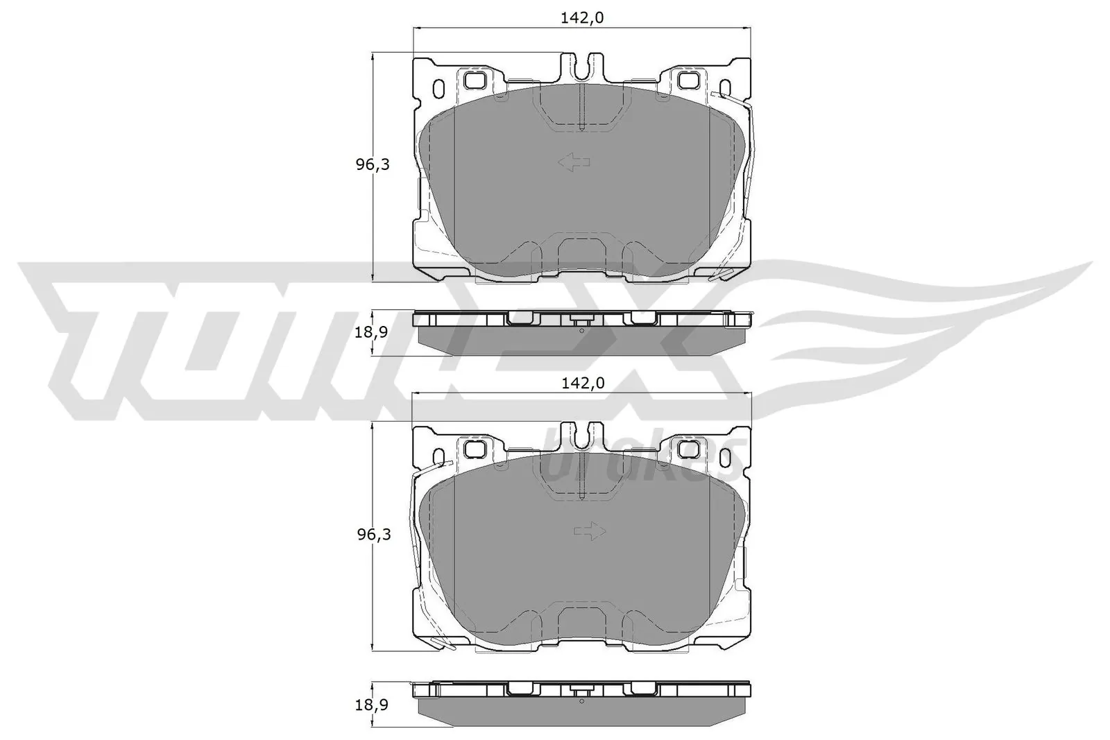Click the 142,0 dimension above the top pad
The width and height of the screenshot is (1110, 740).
click(x=583, y=18)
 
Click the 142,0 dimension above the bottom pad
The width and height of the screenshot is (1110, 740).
click(x=583, y=383)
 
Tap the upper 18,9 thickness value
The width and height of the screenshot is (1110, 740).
click(x=370, y=332)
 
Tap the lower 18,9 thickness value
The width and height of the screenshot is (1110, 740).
click(x=370, y=705)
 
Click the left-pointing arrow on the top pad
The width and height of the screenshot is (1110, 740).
click(x=574, y=163)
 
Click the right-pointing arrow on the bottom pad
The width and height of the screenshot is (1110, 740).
click(x=590, y=532)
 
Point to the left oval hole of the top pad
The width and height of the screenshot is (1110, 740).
click(x=438, y=89)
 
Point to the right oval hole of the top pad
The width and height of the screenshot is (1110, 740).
click(x=725, y=89)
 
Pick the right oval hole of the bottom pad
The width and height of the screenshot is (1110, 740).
click(x=725, y=458)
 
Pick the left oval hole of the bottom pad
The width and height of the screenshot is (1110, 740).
click(x=438, y=458)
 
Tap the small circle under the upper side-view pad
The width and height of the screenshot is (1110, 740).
click(x=581, y=330)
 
